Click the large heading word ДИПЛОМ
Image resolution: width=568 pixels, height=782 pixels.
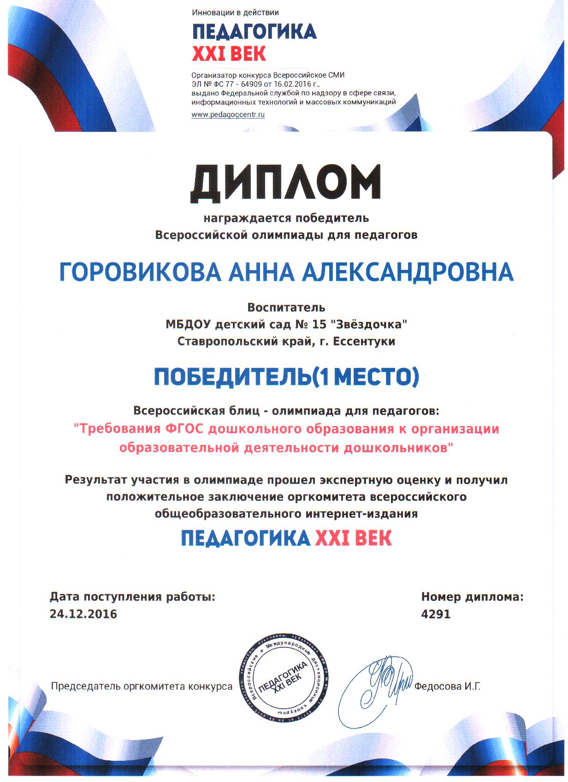coord(286,184)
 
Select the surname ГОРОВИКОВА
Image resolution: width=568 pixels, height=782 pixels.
coord(140,273)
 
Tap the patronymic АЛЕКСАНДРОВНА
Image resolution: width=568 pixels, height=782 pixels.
coord(408,273)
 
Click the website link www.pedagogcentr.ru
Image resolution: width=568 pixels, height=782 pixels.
coord(228,115)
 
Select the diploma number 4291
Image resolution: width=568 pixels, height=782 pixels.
coord(436,614)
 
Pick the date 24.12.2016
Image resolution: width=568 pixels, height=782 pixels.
coord(83,614)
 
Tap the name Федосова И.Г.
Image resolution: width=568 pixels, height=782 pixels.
coord(447,687)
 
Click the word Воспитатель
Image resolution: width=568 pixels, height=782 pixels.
coord(286,308)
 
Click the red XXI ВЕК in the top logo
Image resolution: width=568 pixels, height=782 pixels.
coord(229,54)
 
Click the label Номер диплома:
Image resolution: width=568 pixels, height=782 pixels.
coord(472,597)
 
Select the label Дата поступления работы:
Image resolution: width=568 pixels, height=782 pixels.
coord(132,597)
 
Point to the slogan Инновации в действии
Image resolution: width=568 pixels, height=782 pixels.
coord(235,13)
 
